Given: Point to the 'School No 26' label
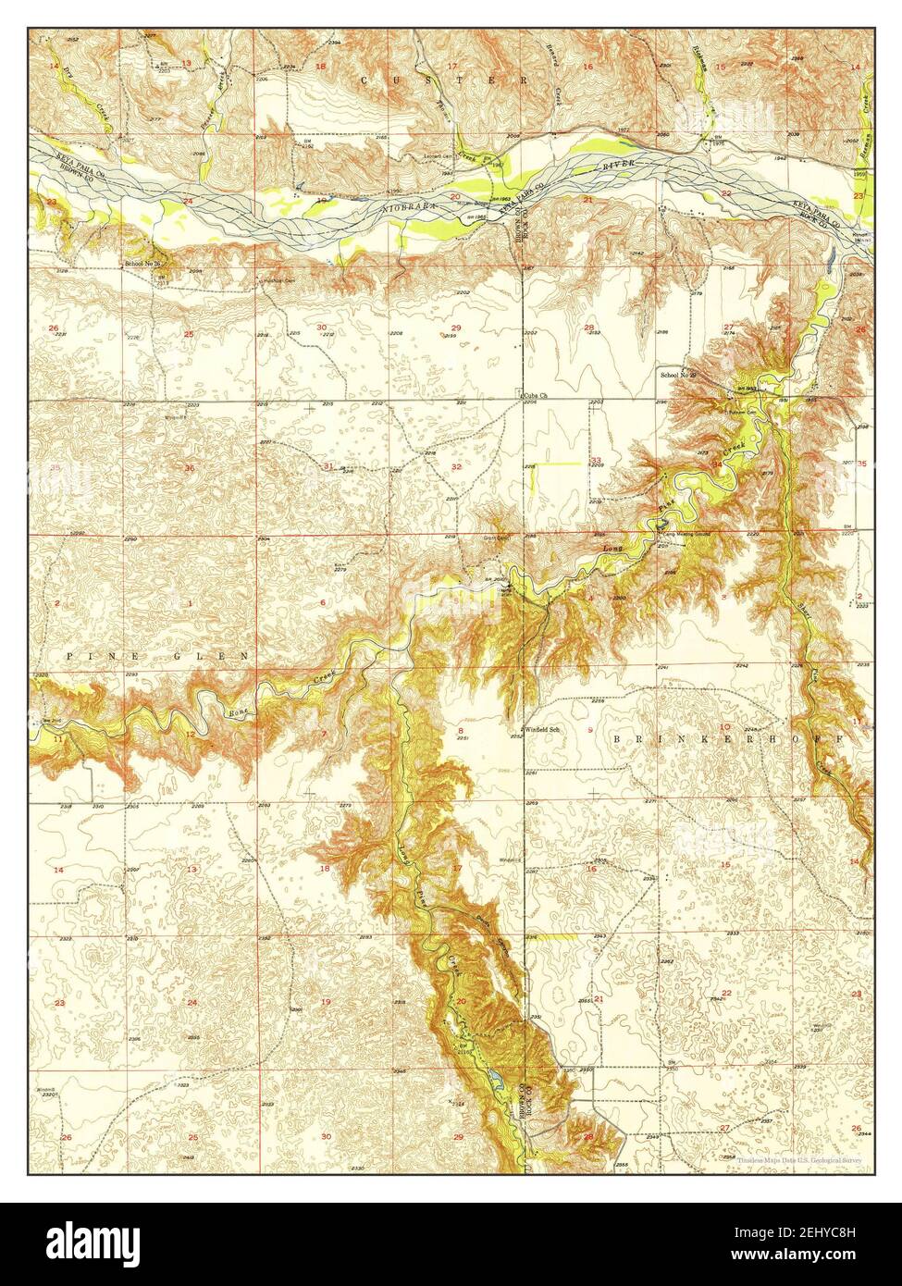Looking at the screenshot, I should (x=143, y=264).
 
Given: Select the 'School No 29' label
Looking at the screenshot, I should (x=677, y=375).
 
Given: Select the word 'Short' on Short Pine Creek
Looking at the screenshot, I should (x=803, y=608).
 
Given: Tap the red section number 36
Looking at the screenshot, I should (x=190, y=468).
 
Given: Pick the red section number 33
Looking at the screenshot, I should (x=597, y=460).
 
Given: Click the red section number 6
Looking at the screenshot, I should (x=323, y=602).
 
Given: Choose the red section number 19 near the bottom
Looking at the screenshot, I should (x=325, y=1002).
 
